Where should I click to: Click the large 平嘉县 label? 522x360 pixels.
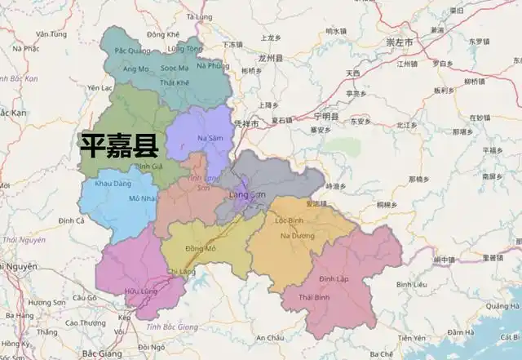(118, 145)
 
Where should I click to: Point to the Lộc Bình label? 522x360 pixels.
(290, 220)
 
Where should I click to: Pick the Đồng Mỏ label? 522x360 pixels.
(200, 247)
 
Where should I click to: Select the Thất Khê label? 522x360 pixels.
(175, 82)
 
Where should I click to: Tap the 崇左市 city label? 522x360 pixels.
(400, 40)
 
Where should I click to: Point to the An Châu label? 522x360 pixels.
(270, 337)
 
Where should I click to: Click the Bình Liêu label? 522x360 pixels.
(411, 284)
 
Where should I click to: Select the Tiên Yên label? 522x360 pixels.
(412, 338)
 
